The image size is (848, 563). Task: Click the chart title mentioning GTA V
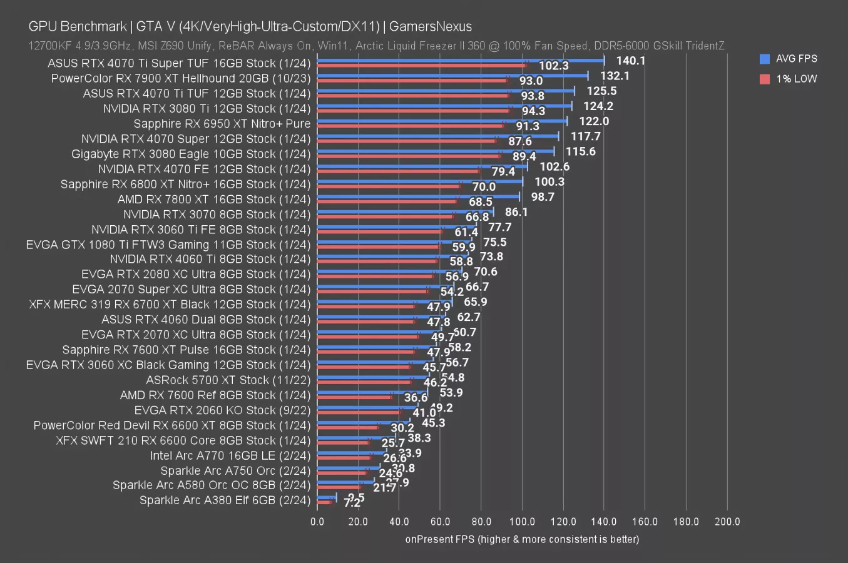pos(250,26)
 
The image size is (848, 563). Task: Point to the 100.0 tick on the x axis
pos(522,522)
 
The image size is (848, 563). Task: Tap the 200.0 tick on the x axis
pos(727,522)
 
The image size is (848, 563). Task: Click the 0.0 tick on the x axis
pos(317,522)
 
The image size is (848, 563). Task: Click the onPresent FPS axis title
pos(522,539)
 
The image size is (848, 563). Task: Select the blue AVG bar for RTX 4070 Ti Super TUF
pos(460,61)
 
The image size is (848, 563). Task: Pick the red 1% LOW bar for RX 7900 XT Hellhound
pos(413,80)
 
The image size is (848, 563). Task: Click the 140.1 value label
pos(630,61)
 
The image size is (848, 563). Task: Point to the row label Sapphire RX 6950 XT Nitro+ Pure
pos(222,124)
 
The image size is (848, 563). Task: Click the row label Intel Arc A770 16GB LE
pos(230,455)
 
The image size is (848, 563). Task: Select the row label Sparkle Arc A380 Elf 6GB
pos(225,500)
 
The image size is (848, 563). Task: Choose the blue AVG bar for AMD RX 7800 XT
pos(418,196)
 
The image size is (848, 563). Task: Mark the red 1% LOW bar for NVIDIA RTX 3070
pos(386,216)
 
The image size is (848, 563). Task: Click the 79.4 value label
pos(503,171)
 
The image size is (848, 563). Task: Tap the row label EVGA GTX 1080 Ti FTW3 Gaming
pos(168,245)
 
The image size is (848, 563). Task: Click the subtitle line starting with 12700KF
pos(376,46)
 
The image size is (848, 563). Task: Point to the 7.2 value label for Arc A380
pos(352,502)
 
